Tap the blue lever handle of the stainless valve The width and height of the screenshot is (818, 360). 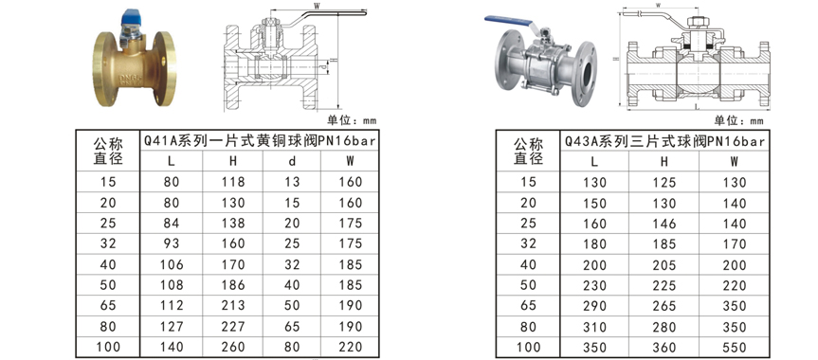[503, 19]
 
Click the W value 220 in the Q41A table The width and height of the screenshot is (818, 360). [350, 347]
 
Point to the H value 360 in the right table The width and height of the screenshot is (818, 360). [663, 347]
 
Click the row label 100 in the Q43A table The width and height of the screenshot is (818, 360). [527, 347]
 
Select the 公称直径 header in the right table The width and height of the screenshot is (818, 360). [527, 151]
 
